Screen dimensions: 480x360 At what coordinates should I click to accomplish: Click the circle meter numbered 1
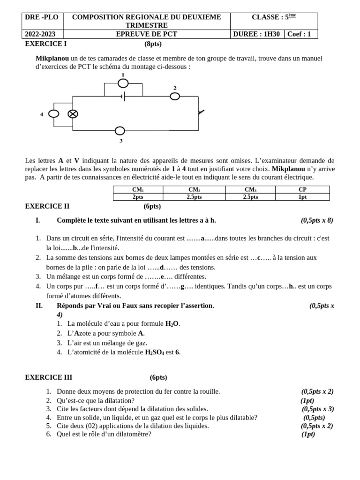(x=123, y=83)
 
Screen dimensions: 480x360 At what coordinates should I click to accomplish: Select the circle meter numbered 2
(x=175, y=96)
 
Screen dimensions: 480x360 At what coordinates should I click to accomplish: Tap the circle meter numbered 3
(x=120, y=131)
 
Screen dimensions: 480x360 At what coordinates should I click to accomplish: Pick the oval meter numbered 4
(x=54, y=113)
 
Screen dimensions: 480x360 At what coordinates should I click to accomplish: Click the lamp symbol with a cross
(x=73, y=113)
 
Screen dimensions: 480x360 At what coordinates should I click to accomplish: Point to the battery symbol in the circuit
(x=123, y=97)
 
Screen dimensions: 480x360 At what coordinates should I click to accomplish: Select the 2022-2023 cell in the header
(x=42, y=34)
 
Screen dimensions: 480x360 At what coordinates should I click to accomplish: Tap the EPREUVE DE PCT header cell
(x=147, y=34)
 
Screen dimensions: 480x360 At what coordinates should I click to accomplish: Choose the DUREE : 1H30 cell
(x=257, y=34)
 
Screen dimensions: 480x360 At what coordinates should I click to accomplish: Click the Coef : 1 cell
(x=300, y=34)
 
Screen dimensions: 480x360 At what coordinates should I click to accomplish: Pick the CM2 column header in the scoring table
(x=194, y=189)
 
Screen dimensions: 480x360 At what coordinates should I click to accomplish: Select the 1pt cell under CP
(x=302, y=197)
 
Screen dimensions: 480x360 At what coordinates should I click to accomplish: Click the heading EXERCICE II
(x=47, y=206)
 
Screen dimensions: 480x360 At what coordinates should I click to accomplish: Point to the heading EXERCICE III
(x=48, y=377)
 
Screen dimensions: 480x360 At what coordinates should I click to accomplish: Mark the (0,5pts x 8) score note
(x=317, y=220)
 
